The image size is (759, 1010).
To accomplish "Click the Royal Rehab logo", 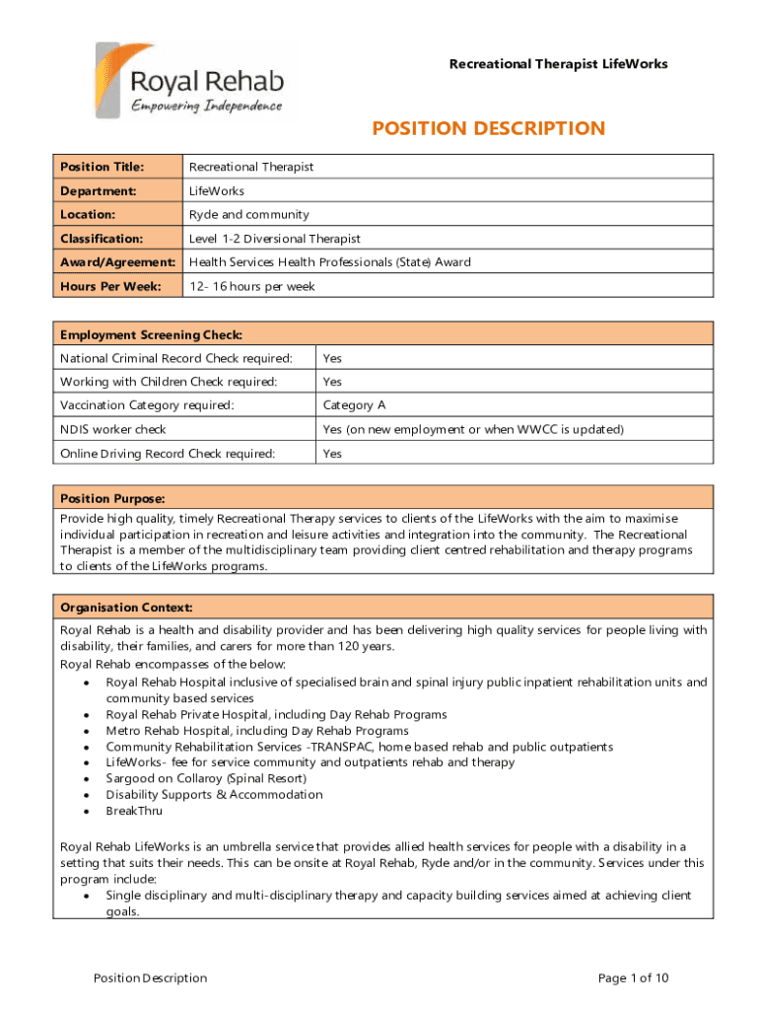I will [190, 82].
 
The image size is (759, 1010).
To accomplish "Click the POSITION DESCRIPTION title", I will [488, 129].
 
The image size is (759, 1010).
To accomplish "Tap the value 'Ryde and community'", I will [248, 214].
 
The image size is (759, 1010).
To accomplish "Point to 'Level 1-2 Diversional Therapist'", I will [275, 239].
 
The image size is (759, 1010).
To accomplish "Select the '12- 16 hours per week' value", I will [251, 286].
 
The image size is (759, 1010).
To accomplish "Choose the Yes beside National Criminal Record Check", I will [332, 358].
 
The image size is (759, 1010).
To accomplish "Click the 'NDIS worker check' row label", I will [113, 429].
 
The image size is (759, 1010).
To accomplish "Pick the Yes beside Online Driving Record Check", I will [332, 454].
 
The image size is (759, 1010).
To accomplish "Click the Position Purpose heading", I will [112, 498].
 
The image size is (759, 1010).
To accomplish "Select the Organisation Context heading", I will [126, 607].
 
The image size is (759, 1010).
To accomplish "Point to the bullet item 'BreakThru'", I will [134, 811].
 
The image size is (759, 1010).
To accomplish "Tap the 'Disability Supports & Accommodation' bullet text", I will [214, 794].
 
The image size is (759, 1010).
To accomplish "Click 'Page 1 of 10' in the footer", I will [634, 977].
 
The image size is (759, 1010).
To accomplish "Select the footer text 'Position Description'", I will [150, 977].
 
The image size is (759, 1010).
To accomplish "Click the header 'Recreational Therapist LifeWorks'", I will [558, 64].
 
